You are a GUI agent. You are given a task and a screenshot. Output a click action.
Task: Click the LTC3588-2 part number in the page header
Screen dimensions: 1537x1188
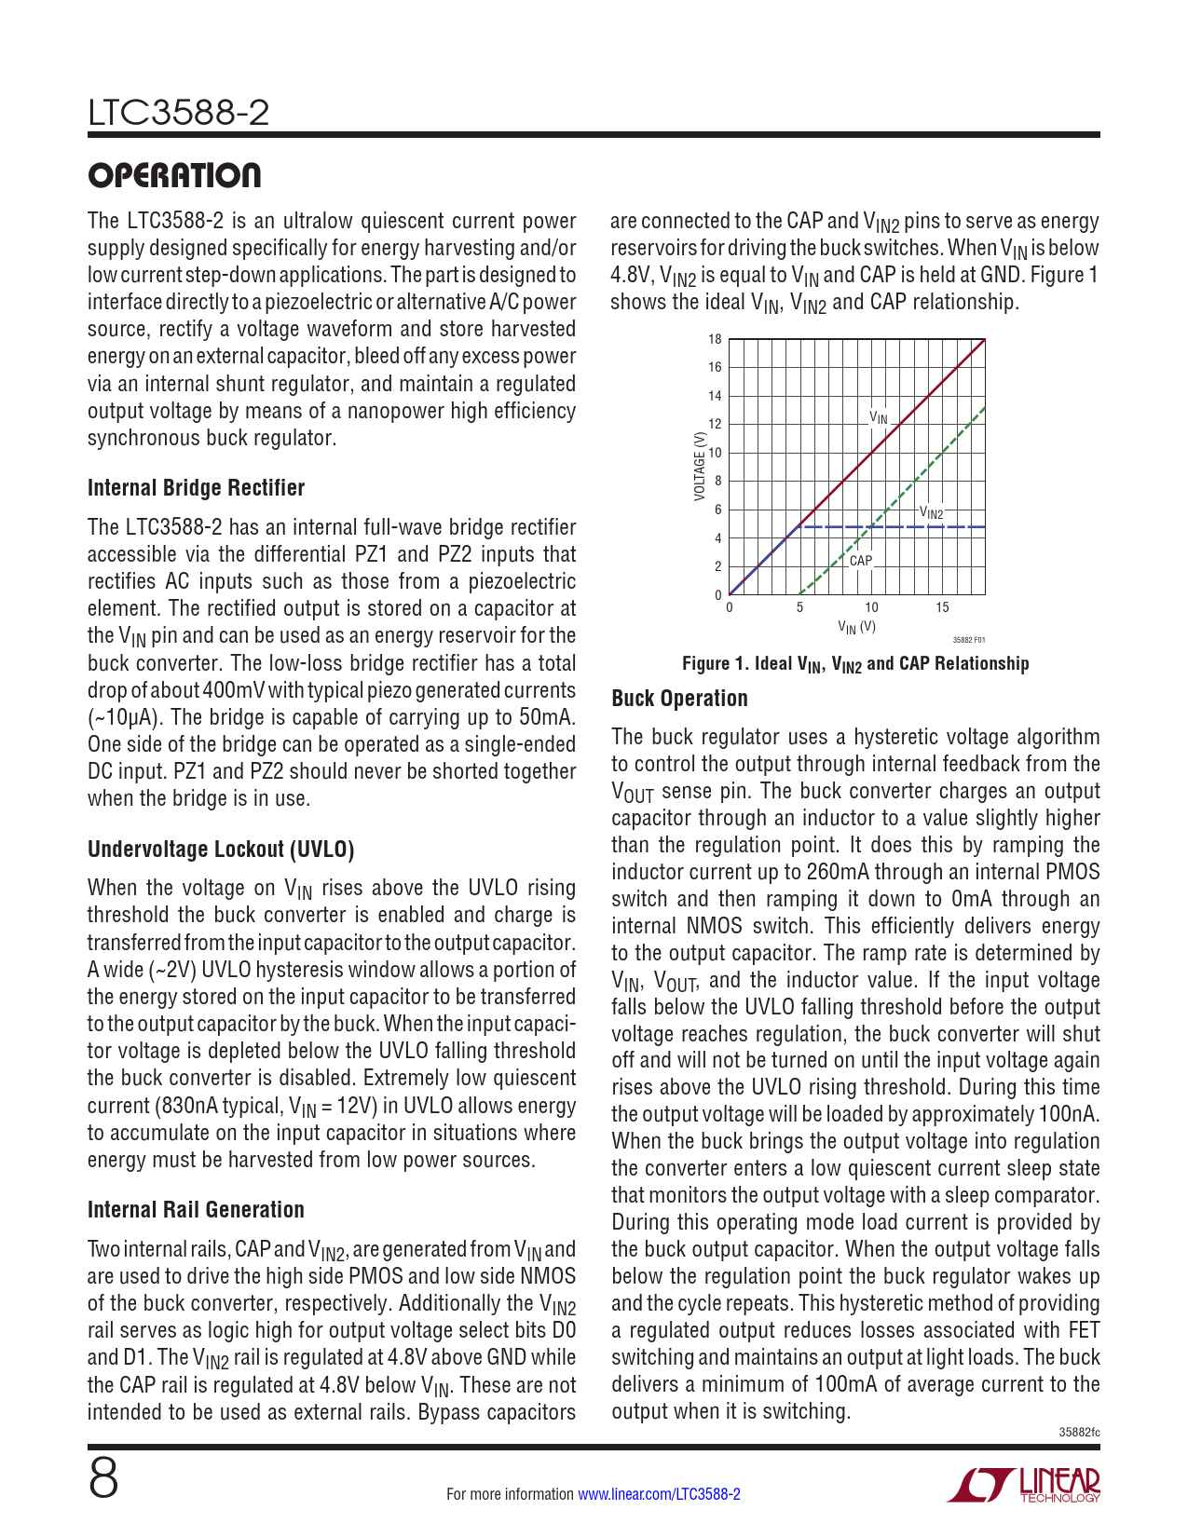point(178,113)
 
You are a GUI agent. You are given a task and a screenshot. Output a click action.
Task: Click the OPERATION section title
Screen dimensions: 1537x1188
point(174,175)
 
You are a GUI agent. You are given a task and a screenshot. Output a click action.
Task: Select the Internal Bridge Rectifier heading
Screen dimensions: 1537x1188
point(196,488)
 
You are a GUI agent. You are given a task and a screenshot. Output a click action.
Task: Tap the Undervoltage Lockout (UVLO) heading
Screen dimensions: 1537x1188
point(221,849)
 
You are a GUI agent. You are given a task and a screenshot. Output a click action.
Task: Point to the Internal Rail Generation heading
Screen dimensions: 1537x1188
point(196,1209)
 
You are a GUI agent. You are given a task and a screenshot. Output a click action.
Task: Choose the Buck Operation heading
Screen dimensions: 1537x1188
point(679,699)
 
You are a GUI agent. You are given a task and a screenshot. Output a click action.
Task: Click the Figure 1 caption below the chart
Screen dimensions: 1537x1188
point(855,663)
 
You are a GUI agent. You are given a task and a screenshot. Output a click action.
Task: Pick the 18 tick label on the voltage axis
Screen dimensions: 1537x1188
point(715,339)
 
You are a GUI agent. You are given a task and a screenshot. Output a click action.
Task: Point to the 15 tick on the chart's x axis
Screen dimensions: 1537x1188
point(942,607)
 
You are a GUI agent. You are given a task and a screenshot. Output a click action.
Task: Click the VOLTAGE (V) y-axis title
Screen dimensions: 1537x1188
point(699,466)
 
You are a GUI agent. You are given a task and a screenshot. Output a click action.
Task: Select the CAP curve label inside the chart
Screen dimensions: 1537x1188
point(861,561)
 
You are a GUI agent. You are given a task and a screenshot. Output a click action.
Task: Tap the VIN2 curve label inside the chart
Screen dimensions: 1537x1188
point(931,512)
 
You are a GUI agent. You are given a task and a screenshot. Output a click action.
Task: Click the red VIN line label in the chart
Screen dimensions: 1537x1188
point(879,417)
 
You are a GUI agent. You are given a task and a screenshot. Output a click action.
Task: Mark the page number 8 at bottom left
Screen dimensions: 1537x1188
point(103,1478)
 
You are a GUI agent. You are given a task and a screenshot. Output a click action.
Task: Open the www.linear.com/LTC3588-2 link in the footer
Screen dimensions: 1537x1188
point(659,1494)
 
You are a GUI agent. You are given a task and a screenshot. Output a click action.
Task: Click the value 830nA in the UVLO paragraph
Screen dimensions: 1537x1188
point(193,1106)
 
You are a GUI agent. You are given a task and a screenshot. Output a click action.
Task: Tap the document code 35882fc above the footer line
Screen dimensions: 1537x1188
point(1079,1432)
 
